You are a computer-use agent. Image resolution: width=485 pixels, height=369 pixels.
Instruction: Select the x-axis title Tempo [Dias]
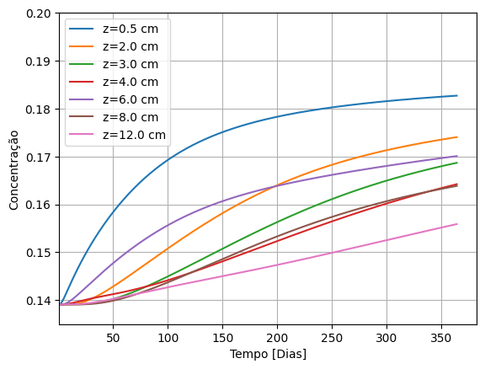[x=268, y=354]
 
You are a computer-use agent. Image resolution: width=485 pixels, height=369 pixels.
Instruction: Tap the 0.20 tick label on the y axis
[x=38, y=14]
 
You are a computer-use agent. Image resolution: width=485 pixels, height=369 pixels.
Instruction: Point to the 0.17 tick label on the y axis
[x=38, y=158]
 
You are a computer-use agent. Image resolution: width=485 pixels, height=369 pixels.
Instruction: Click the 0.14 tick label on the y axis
[x=38, y=301]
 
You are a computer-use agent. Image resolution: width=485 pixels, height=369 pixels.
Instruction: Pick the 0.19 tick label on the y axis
[x=38, y=62]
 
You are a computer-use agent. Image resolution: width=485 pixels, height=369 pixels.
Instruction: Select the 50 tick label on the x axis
[x=113, y=337]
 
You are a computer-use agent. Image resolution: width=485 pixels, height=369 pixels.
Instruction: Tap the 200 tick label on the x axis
[x=277, y=337]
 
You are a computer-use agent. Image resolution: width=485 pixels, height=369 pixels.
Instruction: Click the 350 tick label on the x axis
[x=441, y=337]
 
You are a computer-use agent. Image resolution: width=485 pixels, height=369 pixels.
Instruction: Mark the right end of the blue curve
[x=457, y=95]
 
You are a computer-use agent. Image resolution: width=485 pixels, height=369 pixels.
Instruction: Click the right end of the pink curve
[x=457, y=224]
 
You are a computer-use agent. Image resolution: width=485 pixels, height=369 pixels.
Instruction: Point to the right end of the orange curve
[x=457, y=136]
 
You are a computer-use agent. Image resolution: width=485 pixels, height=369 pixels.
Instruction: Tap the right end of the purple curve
[x=457, y=156]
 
